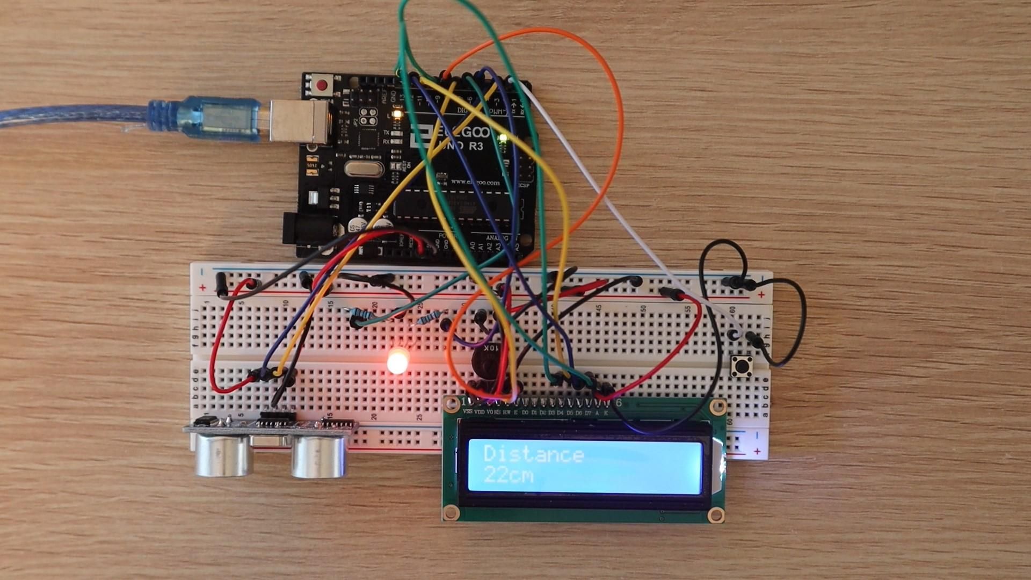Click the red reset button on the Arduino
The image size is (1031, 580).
point(322,85)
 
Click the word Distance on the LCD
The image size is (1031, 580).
point(533,454)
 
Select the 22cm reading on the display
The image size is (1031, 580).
point(508,475)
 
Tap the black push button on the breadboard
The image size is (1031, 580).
point(743,366)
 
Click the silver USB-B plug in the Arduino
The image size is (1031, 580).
point(299,121)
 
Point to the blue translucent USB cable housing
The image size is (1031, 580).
point(220,119)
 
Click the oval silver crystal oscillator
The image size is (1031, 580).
point(364,169)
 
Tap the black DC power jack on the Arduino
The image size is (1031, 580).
point(306,230)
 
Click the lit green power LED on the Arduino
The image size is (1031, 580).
point(503,139)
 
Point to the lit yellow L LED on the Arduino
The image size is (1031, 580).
point(397,114)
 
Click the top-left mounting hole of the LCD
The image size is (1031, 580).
point(452,405)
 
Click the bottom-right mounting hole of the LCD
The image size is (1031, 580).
point(715,516)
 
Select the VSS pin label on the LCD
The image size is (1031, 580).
point(467,412)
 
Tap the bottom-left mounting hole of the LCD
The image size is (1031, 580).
point(452,512)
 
